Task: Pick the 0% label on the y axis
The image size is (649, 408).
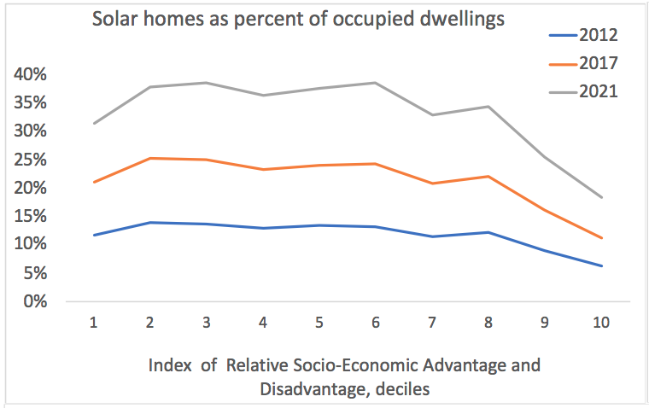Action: click(34, 301)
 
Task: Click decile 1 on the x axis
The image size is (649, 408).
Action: click(94, 324)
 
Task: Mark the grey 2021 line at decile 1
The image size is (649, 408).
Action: click(94, 123)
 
